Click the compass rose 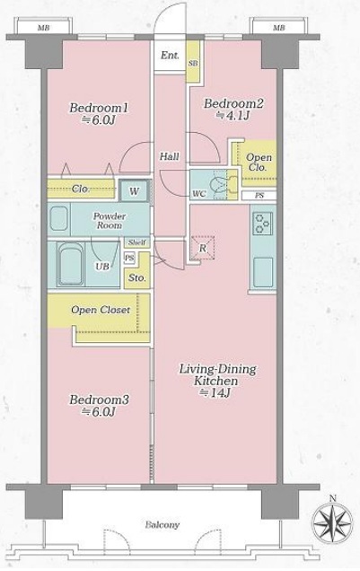[x=332, y=523]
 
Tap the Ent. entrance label [x=170, y=56]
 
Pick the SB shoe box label [x=193, y=64]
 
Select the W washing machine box [x=135, y=191]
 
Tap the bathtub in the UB [x=70, y=263]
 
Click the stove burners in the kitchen [x=263, y=223]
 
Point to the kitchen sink [x=263, y=272]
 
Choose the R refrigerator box [x=202, y=248]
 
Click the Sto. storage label [x=137, y=278]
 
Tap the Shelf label [x=136, y=242]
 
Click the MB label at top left [x=42, y=28]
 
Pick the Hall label [x=170, y=156]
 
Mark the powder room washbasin [x=58, y=218]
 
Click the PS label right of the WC [x=259, y=196]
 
